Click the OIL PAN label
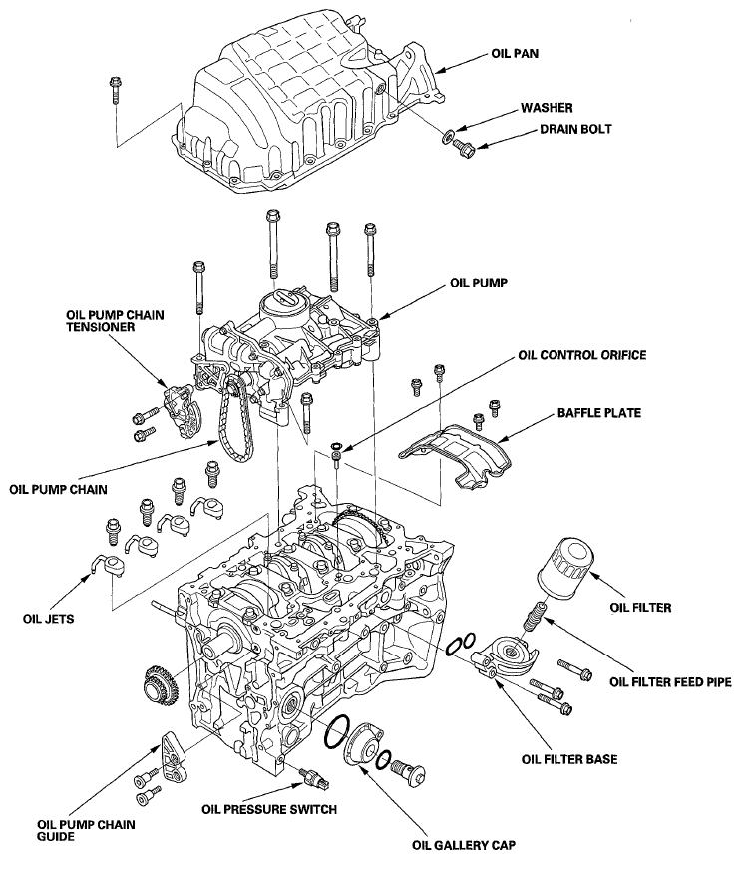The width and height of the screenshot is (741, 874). (515, 54)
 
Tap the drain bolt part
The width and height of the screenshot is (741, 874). (464, 148)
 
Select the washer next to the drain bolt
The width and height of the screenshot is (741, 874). (448, 136)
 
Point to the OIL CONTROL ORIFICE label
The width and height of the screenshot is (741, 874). (581, 355)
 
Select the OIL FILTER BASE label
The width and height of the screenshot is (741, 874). (569, 758)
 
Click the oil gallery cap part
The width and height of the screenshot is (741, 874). (363, 744)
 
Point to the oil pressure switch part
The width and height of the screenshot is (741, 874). (315, 776)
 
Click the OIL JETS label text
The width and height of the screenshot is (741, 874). (49, 619)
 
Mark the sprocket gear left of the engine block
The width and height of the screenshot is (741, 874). (159, 681)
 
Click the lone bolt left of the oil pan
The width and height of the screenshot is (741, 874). (116, 91)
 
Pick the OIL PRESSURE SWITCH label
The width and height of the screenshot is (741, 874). (269, 809)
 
